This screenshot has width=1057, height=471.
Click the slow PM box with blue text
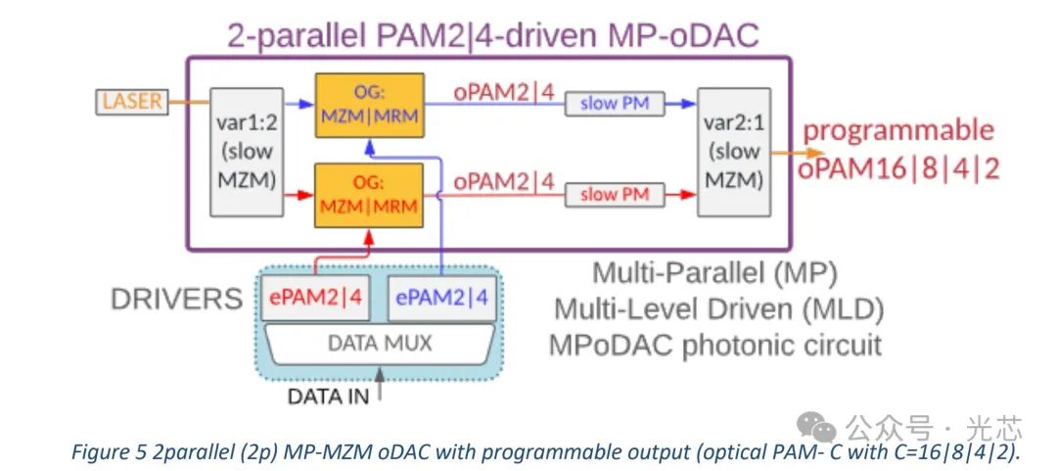point(614,104)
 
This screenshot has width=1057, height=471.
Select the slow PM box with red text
point(614,195)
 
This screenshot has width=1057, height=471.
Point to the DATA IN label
point(328,397)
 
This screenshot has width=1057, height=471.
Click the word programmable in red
point(898,130)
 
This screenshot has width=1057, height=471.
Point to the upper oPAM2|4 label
point(503,90)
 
